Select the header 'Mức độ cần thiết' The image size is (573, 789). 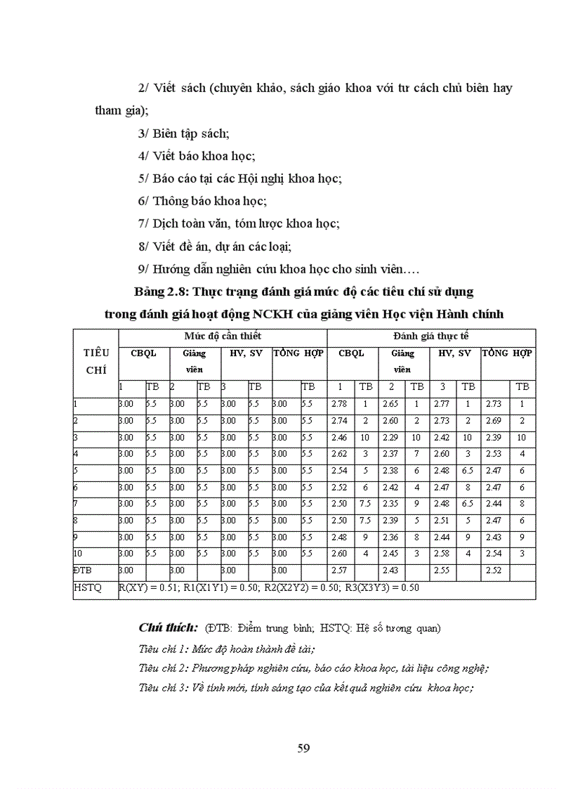pos(223,337)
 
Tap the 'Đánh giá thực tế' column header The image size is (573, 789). pos(431,337)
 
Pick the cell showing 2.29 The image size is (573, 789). pos(391,437)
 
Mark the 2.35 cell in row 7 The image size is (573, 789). pos(391,504)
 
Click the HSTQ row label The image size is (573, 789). pos(87,588)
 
